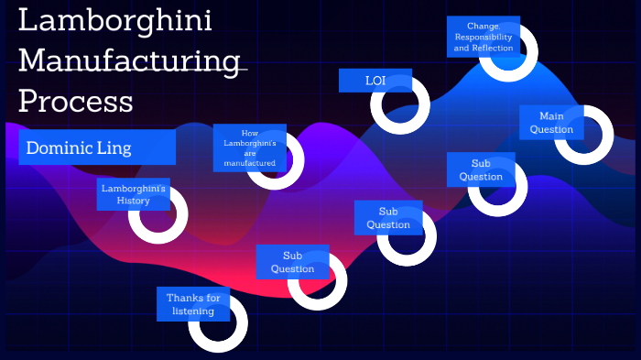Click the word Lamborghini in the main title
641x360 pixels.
pos(115,21)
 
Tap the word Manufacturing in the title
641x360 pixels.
pos(127,60)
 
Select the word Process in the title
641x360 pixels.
pos(76,100)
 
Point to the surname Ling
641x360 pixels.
pos(115,147)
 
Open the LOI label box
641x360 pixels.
pos(375,81)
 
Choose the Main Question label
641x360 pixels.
pos(551,123)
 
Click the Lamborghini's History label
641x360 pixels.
pos(133,194)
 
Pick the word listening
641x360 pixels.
pos(192,311)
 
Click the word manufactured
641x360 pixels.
pos(249,163)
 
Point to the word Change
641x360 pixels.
pos(483,26)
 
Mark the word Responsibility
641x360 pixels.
pos(483,37)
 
